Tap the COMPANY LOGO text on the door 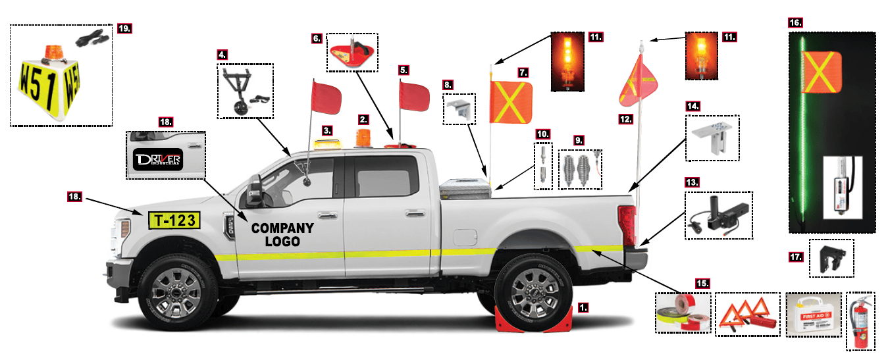coord(282,235)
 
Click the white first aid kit coord(814,315)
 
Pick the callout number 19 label coord(124,28)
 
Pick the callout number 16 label coord(795,22)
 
